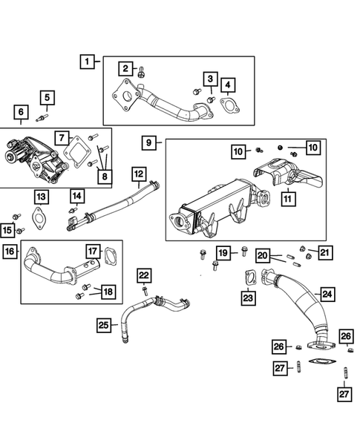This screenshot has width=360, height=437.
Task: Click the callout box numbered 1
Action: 88,62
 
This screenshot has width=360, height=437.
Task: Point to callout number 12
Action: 139,175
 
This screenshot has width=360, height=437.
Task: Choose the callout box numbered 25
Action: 105,324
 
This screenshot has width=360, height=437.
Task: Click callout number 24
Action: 327,295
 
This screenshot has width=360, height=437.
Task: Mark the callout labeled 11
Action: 286,198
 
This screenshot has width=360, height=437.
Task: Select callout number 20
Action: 262,254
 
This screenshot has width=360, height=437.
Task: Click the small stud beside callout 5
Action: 46,116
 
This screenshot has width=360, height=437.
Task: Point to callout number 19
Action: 223,253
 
